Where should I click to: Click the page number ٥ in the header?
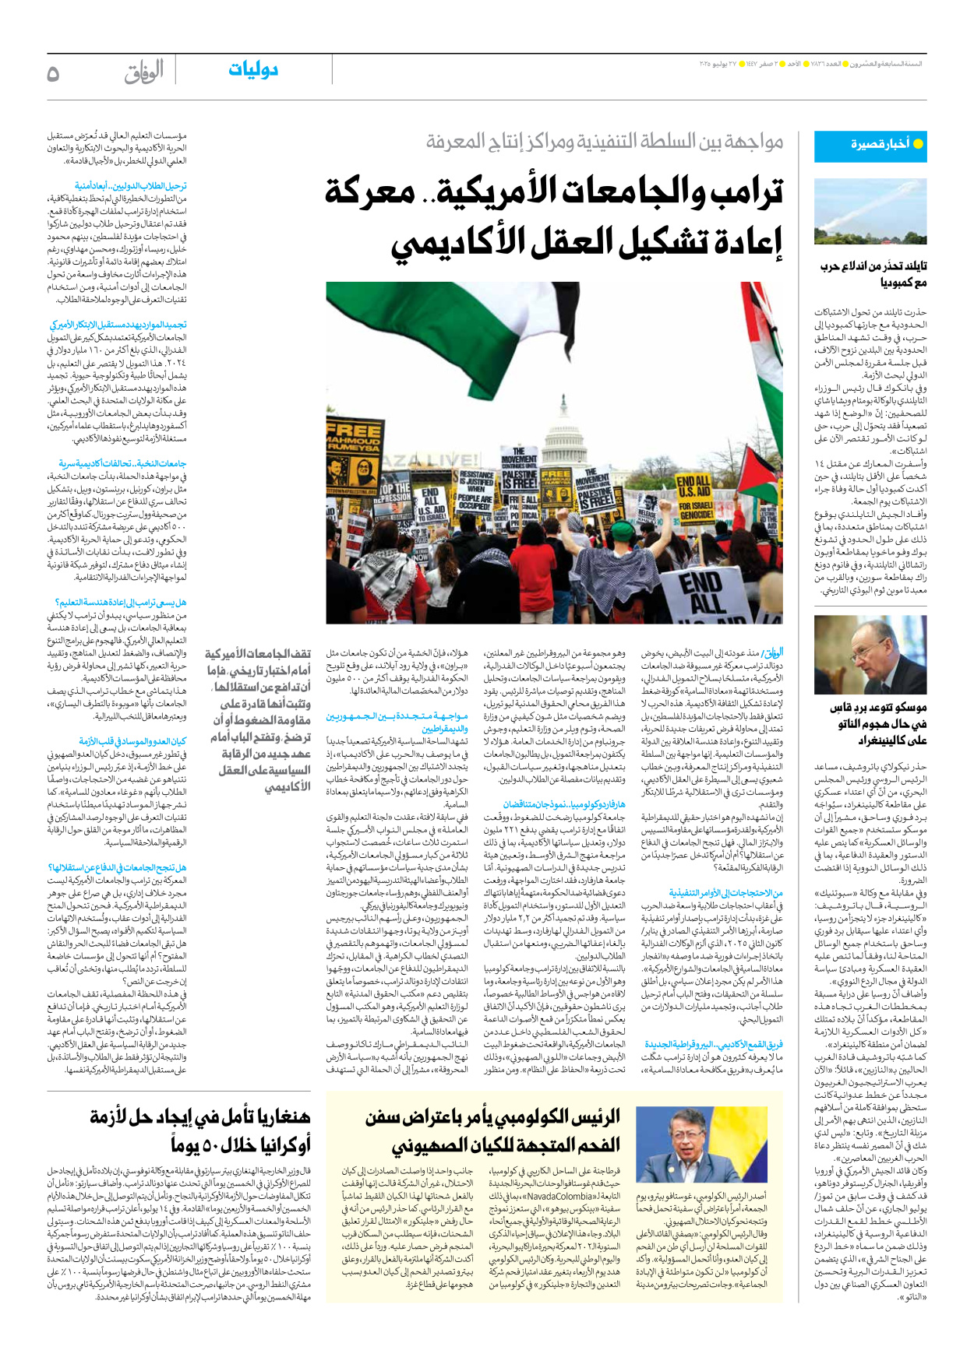(53, 73)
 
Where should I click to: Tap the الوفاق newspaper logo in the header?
(143, 72)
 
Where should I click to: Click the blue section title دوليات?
(253, 70)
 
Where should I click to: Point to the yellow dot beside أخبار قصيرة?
(918, 144)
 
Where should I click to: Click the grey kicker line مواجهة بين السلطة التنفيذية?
(604, 142)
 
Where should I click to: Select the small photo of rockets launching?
(870, 212)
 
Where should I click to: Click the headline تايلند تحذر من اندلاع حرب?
(874, 274)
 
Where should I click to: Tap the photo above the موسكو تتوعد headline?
(870, 655)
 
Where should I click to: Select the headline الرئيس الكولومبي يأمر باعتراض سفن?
(492, 1130)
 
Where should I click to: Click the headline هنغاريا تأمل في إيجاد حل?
(200, 1130)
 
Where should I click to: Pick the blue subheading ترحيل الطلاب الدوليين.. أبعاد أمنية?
(130, 186)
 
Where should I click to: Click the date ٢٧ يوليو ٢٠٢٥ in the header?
(718, 63)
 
